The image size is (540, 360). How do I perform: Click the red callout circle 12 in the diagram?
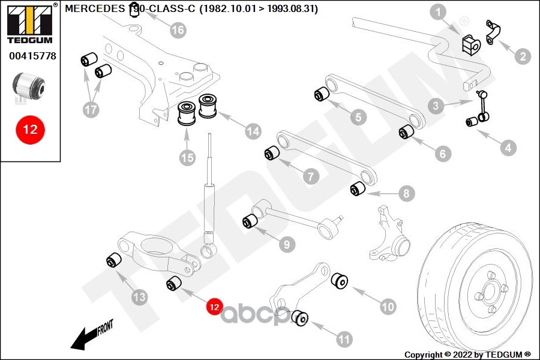[214, 307]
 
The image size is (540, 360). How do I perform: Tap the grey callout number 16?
[178, 29]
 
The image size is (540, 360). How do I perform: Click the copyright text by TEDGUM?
[468, 354]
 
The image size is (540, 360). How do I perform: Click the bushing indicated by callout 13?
[113, 260]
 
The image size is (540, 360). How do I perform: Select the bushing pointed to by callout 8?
[358, 190]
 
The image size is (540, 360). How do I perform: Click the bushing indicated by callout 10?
[340, 280]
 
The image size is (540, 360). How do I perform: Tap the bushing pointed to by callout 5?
[321, 94]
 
